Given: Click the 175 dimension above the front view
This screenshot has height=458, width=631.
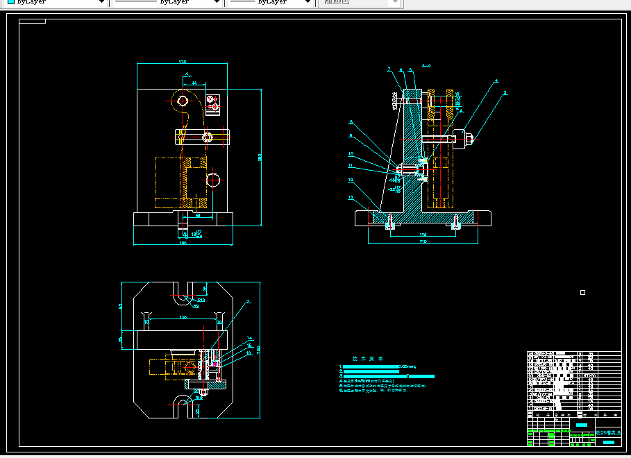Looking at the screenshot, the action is coord(183,62).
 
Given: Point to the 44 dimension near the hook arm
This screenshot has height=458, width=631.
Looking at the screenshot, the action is coord(194,83).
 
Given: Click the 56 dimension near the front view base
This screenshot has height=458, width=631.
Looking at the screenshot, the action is coord(198,216).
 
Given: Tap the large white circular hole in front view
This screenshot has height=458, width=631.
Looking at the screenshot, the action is coord(213,180).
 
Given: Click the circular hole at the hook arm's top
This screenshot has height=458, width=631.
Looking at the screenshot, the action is coord(183,101).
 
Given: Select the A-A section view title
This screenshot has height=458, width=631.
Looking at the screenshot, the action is coord(426,66).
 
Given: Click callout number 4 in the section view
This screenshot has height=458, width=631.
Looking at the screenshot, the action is coord(496,81).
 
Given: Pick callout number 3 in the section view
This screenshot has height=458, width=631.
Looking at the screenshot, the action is coord(505,92).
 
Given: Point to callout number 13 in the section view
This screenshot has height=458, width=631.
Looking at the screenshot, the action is coord(351,197).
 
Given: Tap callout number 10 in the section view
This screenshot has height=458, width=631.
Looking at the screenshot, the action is coord(351,154).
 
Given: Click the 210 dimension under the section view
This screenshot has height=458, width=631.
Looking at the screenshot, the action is coord(423,242).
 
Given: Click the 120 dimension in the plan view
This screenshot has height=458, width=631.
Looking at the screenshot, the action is coord(183,317).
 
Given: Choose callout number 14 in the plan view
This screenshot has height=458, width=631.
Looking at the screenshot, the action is coord(250,339).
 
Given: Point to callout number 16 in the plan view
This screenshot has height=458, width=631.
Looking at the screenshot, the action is coord(250,353).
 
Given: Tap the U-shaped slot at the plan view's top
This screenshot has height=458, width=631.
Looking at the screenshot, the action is coord(182,293).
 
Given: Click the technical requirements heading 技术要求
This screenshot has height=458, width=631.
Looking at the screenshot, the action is coord(364,359).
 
